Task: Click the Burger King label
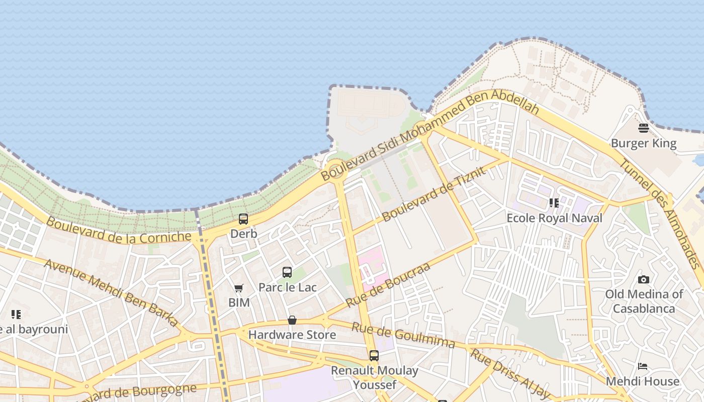click(x=644, y=144)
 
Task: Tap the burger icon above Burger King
click(x=644, y=128)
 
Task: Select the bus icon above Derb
click(x=243, y=219)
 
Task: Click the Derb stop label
click(x=244, y=234)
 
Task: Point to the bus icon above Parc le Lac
click(x=287, y=272)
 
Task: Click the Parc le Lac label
click(x=288, y=287)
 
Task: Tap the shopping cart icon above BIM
click(x=239, y=288)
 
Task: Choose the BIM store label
click(x=239, y=303)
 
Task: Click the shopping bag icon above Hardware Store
click(x=292, y=320)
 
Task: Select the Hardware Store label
click(x=292, y=335)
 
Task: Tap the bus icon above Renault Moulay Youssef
click(x=374, y=356)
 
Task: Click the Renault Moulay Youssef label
click(x=375, y=377)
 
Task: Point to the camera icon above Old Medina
click(x=644, y=279)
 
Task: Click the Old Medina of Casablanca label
click(x=644, y=301)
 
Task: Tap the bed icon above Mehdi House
click(x=643, y=366)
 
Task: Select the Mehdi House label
click(x=643, y=381)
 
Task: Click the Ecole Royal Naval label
click(x=554, y=218)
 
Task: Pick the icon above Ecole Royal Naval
click(x=554, y=203)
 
